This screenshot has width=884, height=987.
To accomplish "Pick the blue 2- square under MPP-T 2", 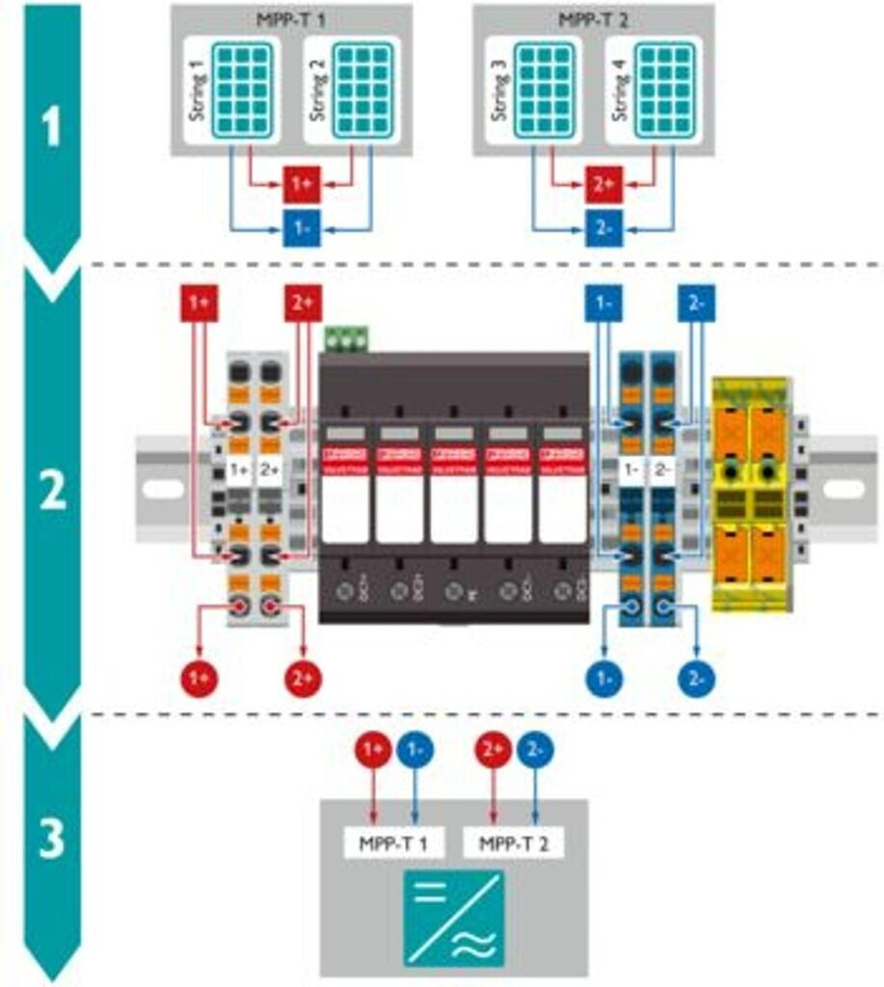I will point(603,229).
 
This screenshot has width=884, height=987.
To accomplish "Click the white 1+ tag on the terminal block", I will point(238,471).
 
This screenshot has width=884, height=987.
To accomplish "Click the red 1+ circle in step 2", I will point(200,678).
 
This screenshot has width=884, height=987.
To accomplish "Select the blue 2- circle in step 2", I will point(695,678).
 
